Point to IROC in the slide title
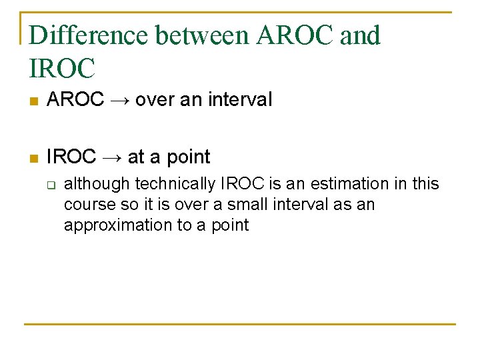pyautogui.click(x=63, y=67)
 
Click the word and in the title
pyautogui.click(x=360, y=35)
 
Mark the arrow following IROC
pyautogui.click(x=111, y=157)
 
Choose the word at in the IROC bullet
pyautogui.click(x=135, y=157)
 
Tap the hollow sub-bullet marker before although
pyautogui.click(x=50, y=184)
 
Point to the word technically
pyautogui.click(x=175, y=184)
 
